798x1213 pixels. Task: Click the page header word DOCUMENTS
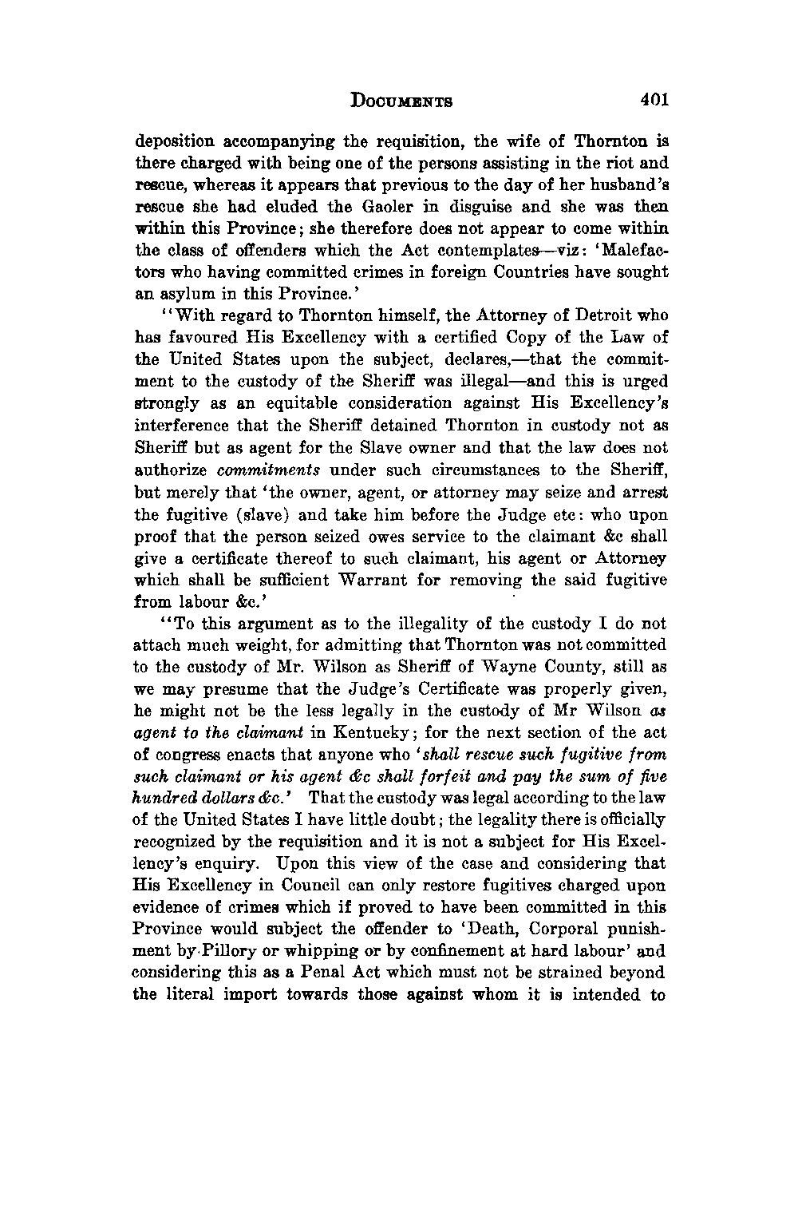[403, 101]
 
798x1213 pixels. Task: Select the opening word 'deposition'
[172, 143]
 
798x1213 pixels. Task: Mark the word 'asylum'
[183, 293]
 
